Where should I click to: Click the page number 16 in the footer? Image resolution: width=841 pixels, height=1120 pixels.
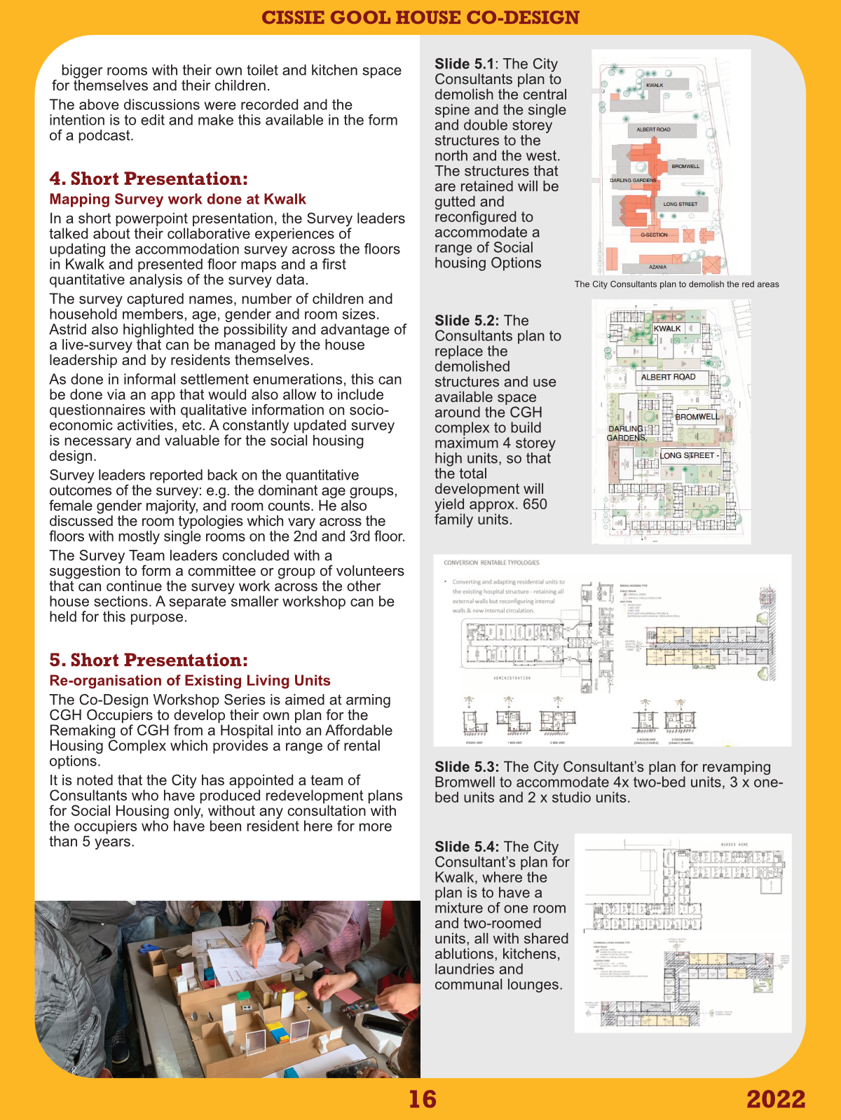pos(423,1099)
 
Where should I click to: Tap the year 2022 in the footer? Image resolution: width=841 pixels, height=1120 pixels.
pos(776,1099)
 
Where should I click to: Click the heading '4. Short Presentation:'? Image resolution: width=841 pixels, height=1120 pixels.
pos(149,179)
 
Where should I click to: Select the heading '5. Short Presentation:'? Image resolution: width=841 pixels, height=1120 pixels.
pos(149,660)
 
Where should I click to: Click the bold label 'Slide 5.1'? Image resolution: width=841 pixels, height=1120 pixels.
pos(464,64)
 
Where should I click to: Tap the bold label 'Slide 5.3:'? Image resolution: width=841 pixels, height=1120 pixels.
pos(467,767)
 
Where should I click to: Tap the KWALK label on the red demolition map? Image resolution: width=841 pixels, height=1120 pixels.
pos(655,85)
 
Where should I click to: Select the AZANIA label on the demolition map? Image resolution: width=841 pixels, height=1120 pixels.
pos(657,267)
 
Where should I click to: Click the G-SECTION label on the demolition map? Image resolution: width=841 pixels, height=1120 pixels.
pos(654,235)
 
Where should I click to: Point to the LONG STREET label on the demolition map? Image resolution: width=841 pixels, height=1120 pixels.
pos(680,204)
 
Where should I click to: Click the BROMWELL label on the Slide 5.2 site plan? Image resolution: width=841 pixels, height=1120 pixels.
pos(697,417)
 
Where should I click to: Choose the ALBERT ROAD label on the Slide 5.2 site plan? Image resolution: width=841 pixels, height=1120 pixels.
pos(668,377)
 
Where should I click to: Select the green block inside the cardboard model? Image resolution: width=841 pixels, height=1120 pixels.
pos(242,995)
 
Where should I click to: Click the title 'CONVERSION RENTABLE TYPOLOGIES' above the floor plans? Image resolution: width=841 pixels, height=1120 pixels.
pos(491,562)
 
